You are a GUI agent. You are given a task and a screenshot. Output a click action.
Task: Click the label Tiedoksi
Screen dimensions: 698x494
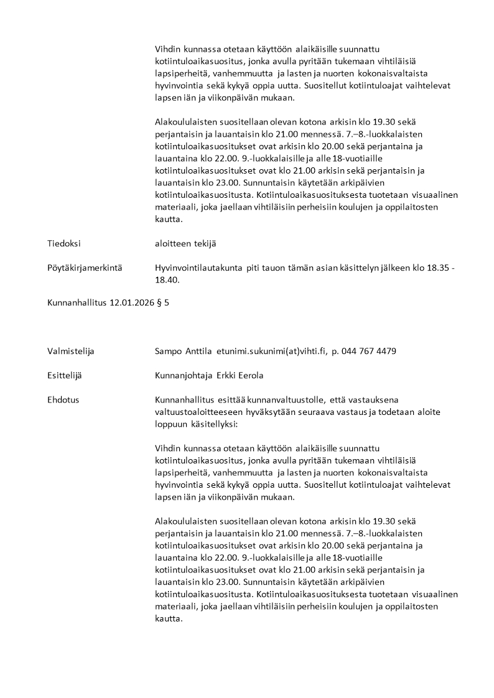[x=64, y=243]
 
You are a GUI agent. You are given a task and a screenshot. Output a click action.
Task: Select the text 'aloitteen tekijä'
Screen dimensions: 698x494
[x=185, y=243]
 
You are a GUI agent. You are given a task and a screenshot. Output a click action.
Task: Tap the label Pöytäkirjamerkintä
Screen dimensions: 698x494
[x=84, y=268]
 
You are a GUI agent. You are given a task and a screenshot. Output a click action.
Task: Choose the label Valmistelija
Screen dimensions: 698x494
[x=70, y=351]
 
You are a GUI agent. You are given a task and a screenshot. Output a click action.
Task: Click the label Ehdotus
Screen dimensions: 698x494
[x=63, y=400]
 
